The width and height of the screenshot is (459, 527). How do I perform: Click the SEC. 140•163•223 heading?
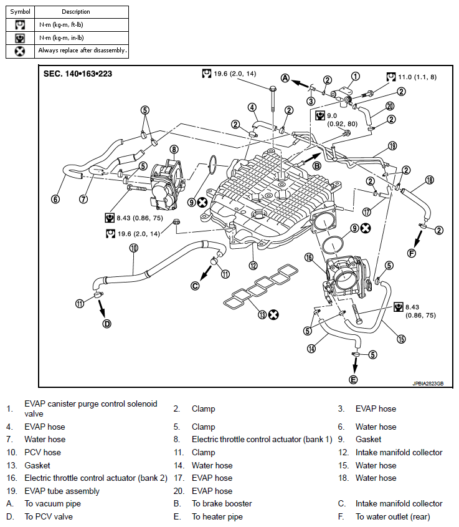coord(77,74)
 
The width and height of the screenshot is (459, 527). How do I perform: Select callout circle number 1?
coord(356,76)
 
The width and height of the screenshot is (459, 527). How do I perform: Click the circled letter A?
coord(285,79)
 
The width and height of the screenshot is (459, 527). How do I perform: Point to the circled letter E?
coord(353,380)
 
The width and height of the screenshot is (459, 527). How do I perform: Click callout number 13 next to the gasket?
coord(262,315)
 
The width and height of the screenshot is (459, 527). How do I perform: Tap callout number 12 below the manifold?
coord(253,266)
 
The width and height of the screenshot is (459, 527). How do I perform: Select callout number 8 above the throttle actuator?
coord(174,149)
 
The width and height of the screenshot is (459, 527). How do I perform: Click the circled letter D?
coord(106,324)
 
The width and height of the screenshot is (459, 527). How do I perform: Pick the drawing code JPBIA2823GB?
coord(428,384)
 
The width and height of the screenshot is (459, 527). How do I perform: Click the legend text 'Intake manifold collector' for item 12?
coord(399,452)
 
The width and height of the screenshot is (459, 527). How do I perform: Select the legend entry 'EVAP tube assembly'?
coord(62,491)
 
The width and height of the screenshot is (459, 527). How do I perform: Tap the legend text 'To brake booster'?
coord(222,503)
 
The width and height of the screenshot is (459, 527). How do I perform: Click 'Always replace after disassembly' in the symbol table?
coord(82,51)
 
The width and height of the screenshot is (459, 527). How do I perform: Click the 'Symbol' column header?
coord(20,12)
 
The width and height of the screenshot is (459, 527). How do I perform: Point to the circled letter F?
coord(411,253)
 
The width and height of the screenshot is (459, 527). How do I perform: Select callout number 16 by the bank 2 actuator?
coord(309,258)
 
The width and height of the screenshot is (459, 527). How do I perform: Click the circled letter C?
coord(195,286)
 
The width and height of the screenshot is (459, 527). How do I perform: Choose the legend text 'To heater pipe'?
coord(217,517)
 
